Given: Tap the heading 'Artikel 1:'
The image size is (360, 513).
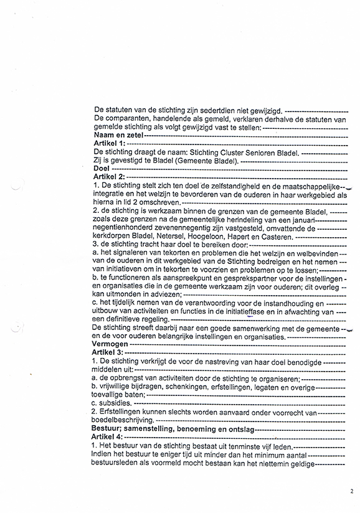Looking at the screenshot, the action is [x=108, y=143].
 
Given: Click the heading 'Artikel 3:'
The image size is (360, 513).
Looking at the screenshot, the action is [x=108, y=352].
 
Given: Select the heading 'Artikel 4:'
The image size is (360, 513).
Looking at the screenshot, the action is [x=108, y=437].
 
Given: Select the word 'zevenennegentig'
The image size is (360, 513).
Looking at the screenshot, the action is [x=184, y=228].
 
